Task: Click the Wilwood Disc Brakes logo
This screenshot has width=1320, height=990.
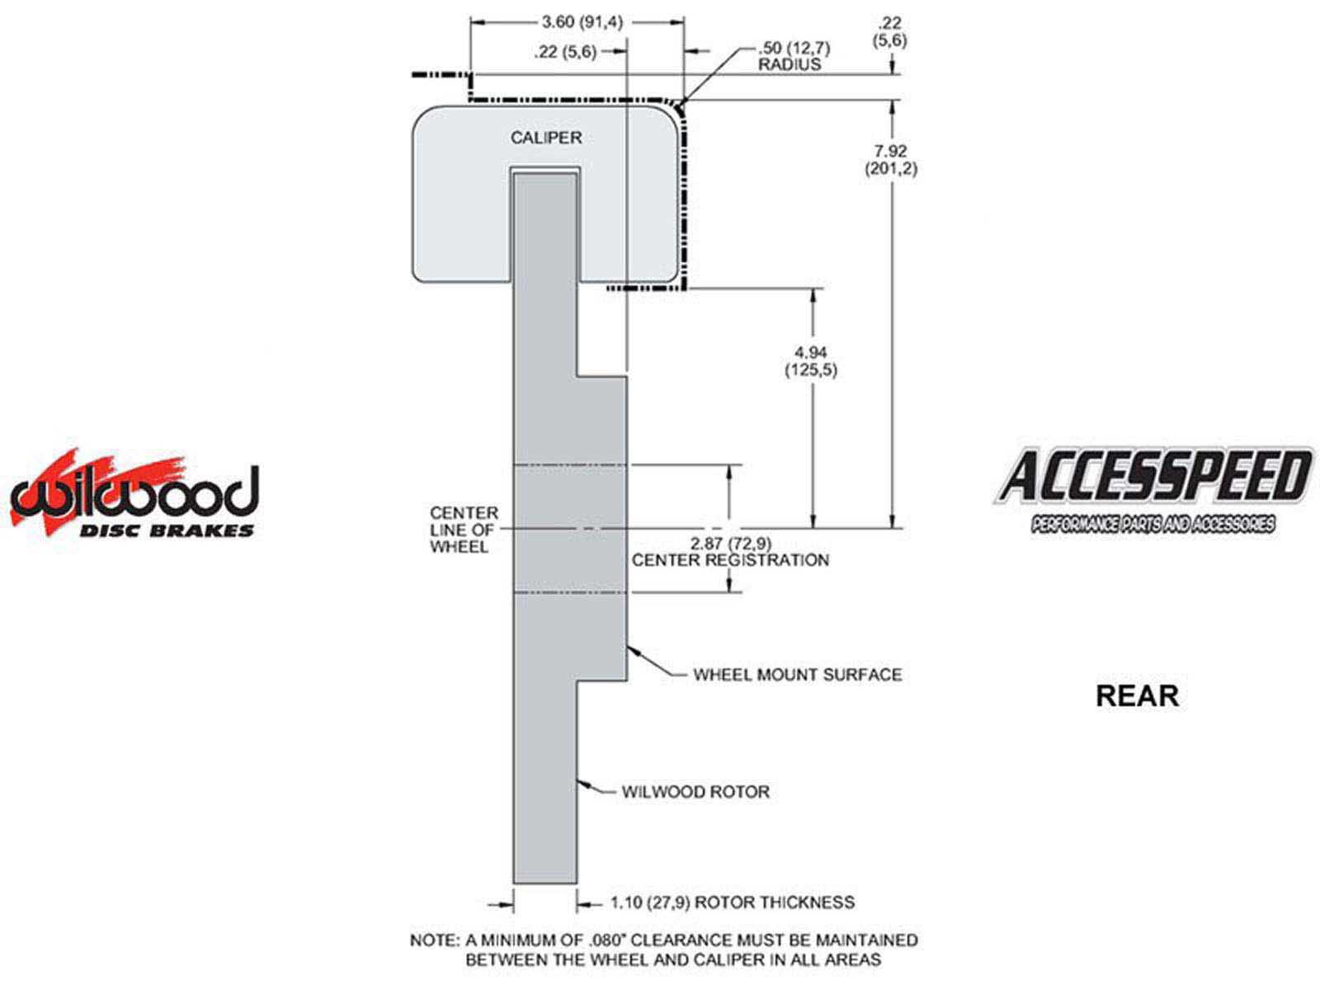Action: click(134, 495)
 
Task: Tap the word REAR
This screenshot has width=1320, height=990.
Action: click(1137, 695)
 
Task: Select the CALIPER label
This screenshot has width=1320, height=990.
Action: click(545, 138)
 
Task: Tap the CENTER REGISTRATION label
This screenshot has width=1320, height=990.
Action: click(730, 560)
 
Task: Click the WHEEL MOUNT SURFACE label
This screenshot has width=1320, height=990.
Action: click(797, 675)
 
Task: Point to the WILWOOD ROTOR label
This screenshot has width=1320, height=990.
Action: click(695, 792)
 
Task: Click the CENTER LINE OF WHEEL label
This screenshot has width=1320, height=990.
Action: click(463, 530)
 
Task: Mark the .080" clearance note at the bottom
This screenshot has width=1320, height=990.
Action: click(664, 950)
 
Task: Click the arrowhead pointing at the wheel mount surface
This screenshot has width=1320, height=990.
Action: click(632, 648)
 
